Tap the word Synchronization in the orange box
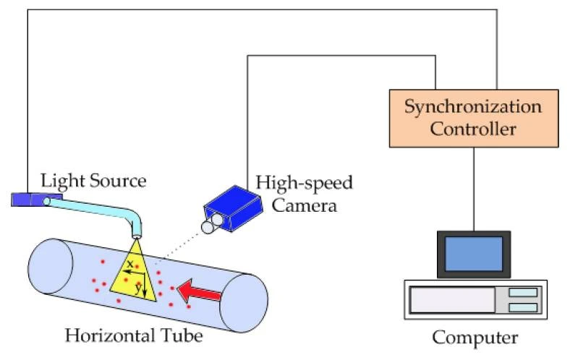click(472, 107)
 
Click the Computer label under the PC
click(475, 338)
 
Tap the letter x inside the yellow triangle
click(129, 264)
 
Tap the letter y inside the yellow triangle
click(138, 286)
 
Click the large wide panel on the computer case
click(453, 299)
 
